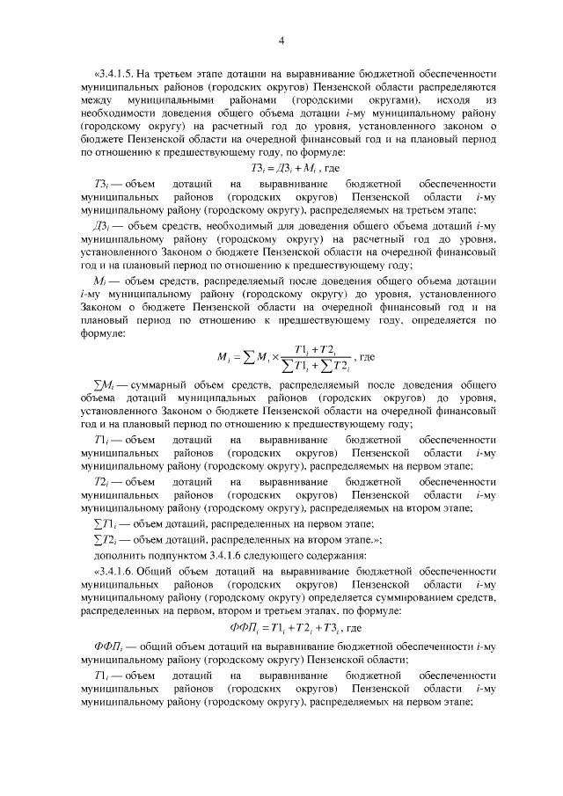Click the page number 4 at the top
(x=281, y=40)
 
